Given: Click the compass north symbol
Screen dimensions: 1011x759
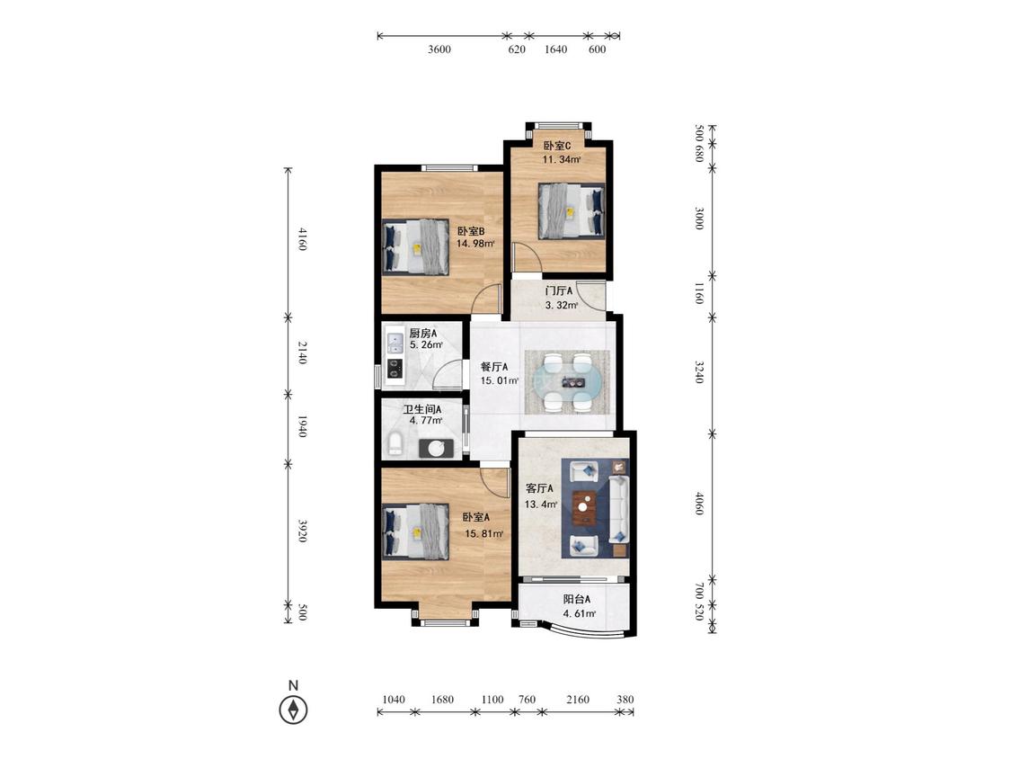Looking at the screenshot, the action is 293,710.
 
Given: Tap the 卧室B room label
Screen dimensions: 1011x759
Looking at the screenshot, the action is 471,231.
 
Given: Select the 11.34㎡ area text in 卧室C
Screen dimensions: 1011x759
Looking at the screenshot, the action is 562,159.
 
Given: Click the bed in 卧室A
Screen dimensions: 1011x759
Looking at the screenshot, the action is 415,531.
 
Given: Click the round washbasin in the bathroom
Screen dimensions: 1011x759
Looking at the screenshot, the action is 437,448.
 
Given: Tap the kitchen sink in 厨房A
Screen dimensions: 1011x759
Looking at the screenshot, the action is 394,342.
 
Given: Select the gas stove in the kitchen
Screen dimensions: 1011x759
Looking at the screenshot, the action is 394,369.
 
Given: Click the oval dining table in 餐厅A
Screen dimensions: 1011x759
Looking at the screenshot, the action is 568,381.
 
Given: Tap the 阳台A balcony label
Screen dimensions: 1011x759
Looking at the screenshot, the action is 577,599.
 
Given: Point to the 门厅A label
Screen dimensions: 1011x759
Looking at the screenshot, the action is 559,291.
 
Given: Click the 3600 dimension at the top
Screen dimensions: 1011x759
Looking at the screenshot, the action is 439,49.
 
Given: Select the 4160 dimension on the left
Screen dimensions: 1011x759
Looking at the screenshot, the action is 302,239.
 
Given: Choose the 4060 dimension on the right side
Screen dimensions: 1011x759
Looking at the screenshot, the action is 699,504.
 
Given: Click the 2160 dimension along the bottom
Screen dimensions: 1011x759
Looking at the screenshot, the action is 577,699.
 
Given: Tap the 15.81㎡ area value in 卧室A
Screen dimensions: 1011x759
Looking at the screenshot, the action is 484,534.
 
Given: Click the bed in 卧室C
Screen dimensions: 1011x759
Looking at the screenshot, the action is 572,211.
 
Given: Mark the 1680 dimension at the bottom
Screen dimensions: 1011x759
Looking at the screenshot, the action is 442,699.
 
